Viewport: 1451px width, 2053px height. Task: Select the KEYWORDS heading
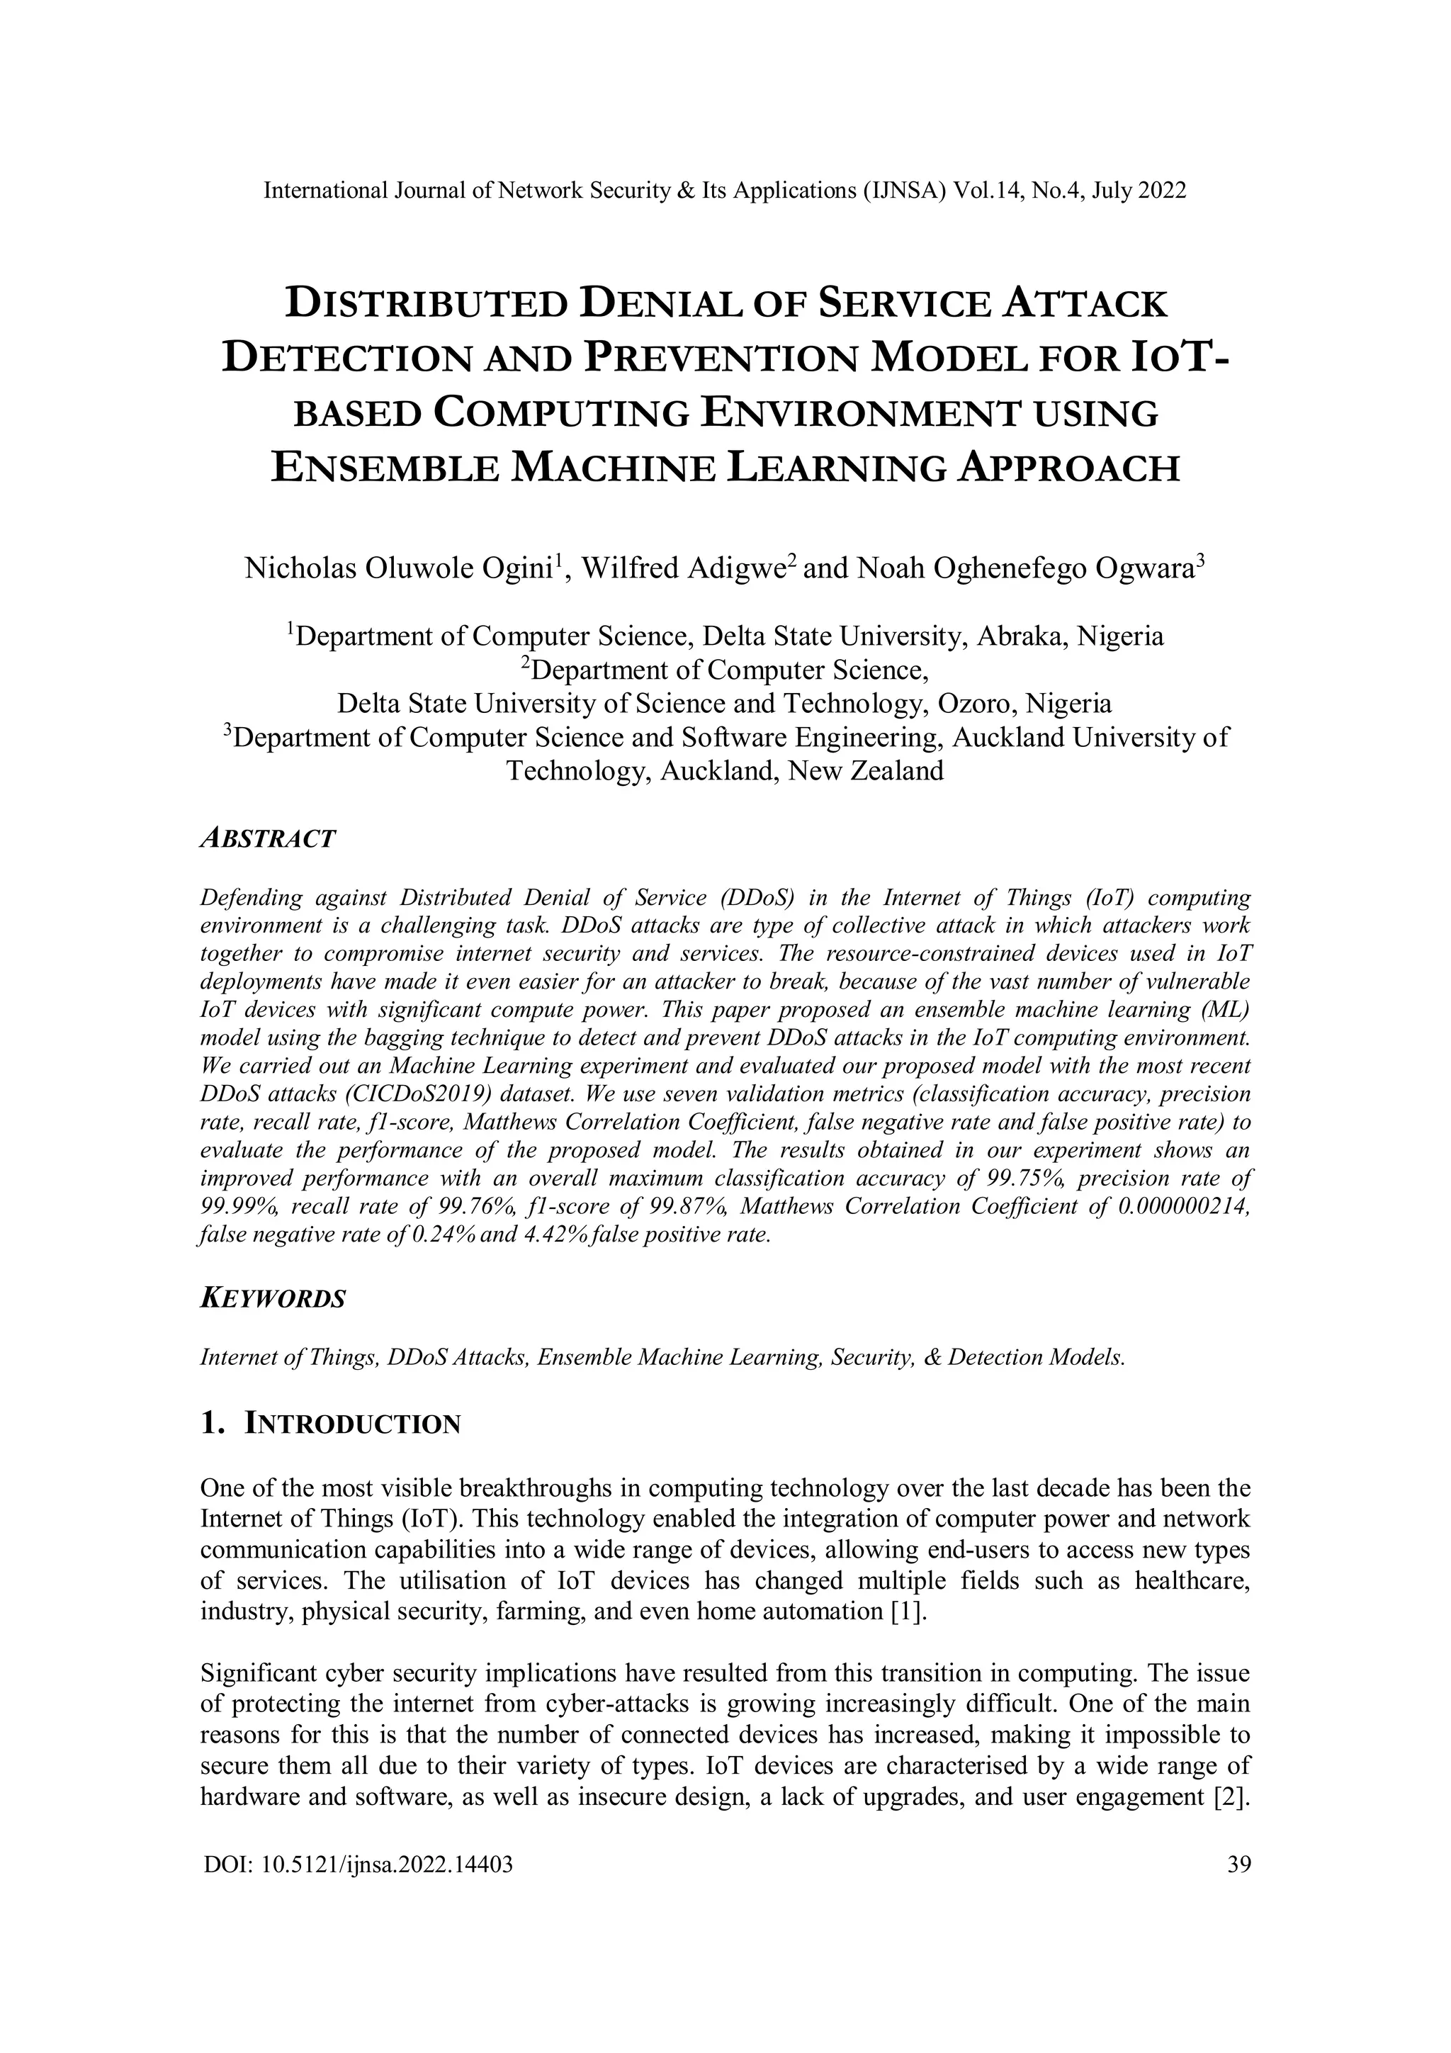click(x=272, y=1298)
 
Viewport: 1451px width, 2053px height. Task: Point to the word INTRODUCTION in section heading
click(x=352, y=1424)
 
